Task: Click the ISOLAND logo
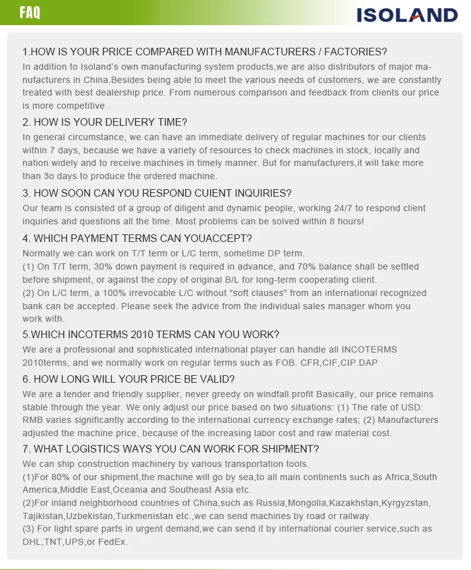coord(407,14)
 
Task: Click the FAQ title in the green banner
coord(30,13)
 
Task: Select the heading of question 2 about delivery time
coord(105,122)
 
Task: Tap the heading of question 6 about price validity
coord(129,379)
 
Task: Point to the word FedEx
coord(113,542)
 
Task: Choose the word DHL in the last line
coord(31,542)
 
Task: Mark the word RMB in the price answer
coord(33,420)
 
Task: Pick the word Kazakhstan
coord(354,503)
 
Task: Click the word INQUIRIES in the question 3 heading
coord(261,193)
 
